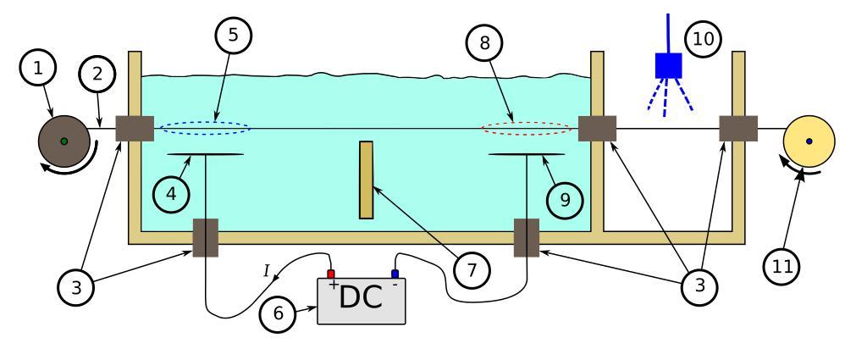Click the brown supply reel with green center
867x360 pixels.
coord(64,141)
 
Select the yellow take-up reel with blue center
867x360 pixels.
coord(809,141)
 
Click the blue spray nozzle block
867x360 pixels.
coord(669,66)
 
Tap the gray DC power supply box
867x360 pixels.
coord(362,301)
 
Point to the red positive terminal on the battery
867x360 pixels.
coord(331,274)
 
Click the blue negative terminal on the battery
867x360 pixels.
coord(395,274)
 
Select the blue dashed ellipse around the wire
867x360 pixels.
coord(206,129)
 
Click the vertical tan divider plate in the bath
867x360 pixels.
coord(366,180)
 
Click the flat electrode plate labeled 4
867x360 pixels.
coord(206,154)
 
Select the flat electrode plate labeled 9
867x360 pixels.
coord(527,154)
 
